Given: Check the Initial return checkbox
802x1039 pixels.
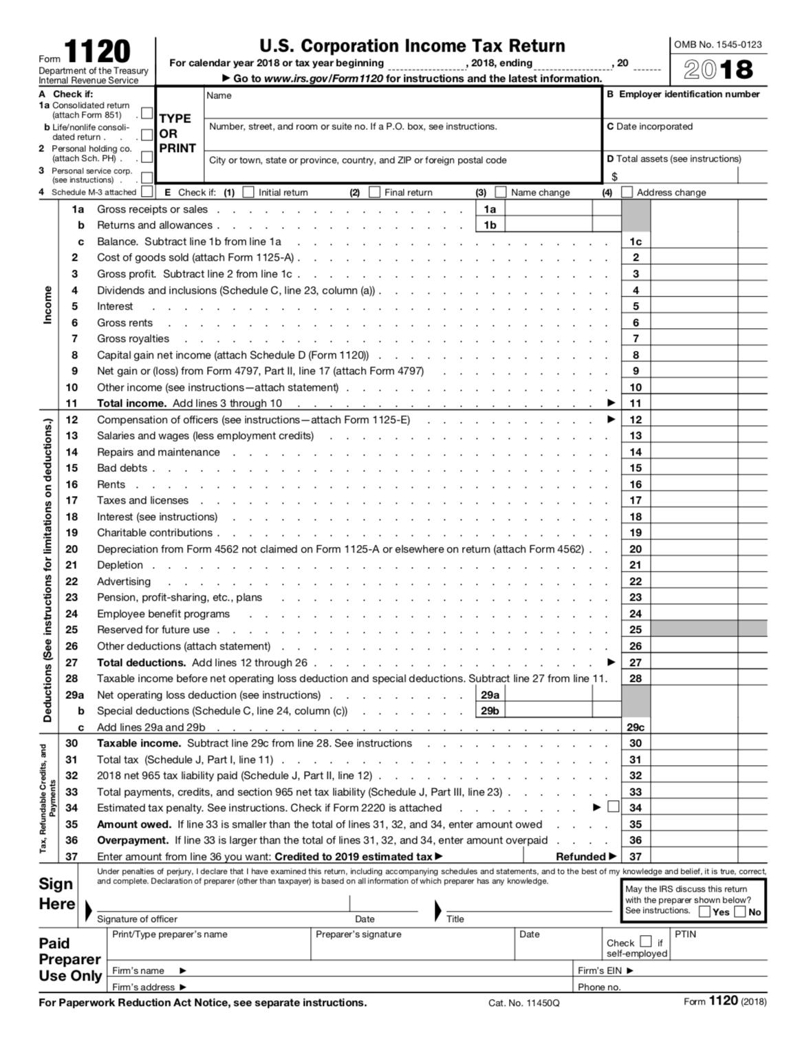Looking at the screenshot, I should [x=248, y=192].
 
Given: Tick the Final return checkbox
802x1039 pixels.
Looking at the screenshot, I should [x=374, y=192].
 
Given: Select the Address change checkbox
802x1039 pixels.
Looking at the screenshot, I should [x=627, y=192].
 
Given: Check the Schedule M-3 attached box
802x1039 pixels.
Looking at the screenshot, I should [x=147, y=192].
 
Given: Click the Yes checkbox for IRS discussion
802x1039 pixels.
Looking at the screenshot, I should [x=705, y=912].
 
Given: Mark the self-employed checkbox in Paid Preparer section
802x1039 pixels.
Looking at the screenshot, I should [x=645, y=941].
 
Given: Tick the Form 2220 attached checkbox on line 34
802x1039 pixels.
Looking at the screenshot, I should [x=614, y=806].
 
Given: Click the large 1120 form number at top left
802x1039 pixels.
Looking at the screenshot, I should [x=97, y=53].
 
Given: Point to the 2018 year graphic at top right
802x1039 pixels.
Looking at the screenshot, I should [x=718, y=69].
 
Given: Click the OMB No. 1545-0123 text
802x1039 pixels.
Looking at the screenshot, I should [x=717, y=45].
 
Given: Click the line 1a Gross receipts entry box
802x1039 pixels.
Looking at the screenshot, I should [x=548, y=208].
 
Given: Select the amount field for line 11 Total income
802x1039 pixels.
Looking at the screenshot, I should [x=693, y=403].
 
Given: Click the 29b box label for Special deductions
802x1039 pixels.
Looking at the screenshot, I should [x=490, y=711].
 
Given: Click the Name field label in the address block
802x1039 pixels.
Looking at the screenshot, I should [x=219, y=96].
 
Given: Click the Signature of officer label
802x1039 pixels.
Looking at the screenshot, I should [x=137, y=919].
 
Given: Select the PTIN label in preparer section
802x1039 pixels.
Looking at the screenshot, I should [x=685, y=934].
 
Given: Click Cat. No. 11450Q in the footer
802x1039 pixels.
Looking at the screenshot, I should [x=523, y=1003].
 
